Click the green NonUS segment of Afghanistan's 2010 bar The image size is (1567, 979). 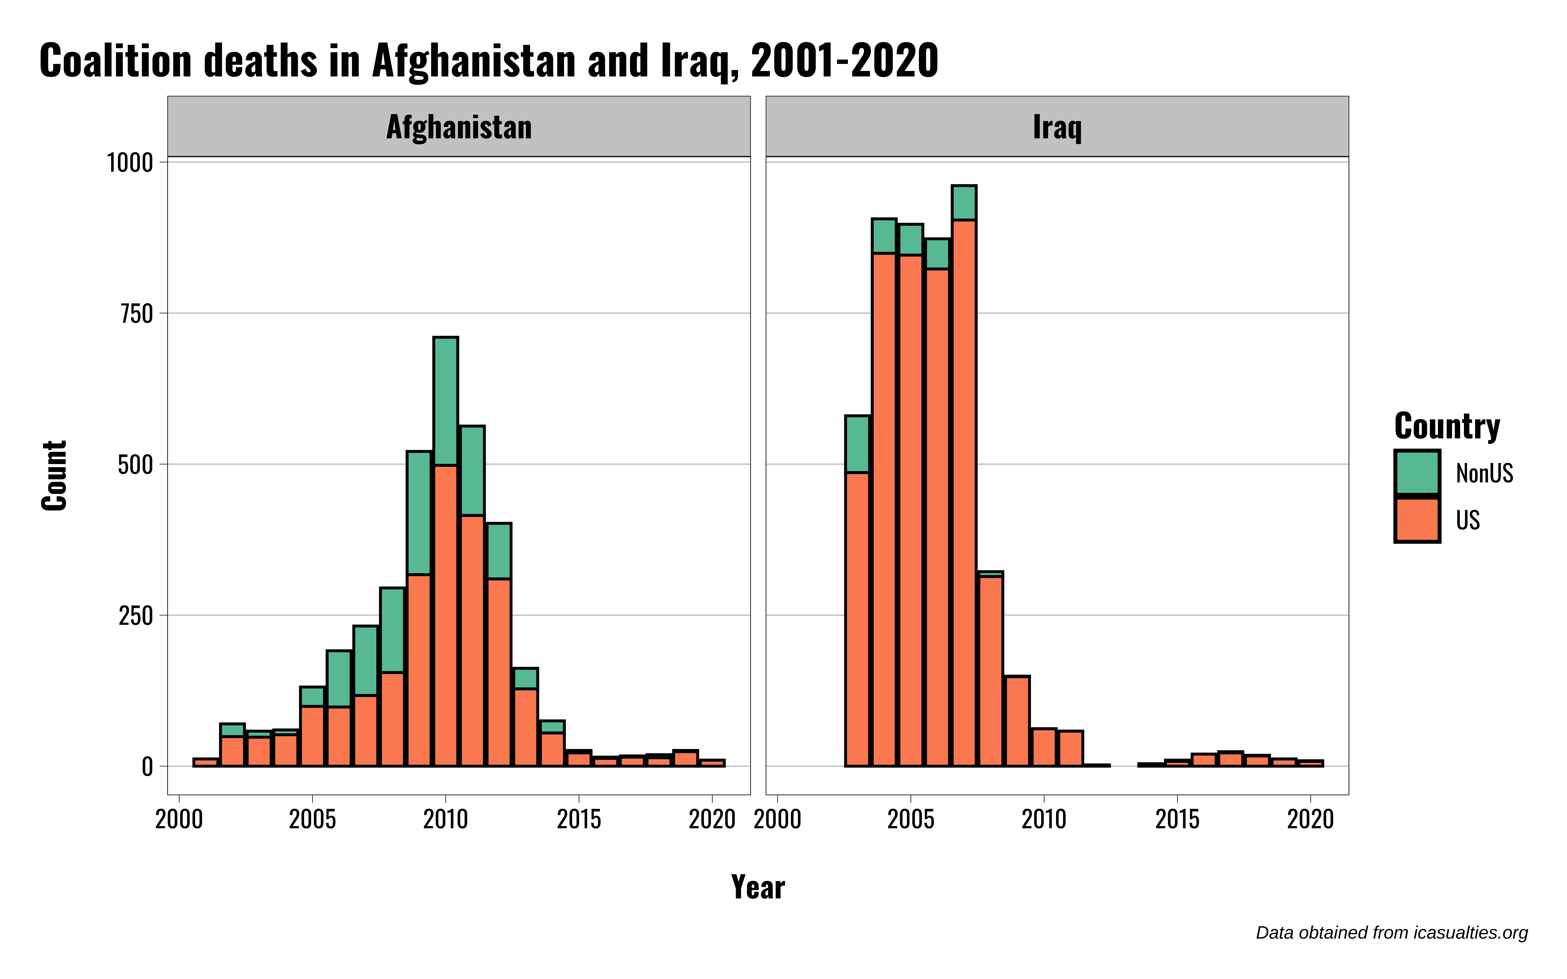click(446, 401)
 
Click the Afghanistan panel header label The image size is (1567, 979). click(459, 127)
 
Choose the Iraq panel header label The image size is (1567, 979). click(1057, 127)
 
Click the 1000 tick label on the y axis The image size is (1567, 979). click(130, 163)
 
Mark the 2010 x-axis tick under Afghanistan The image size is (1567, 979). click(446, 820)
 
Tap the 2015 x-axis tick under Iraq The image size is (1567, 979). click(1177, 820)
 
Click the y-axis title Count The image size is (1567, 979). click(54, 476)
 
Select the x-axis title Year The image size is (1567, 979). click(758, 887)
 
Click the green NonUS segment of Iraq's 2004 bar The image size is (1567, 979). click(884, 236)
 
